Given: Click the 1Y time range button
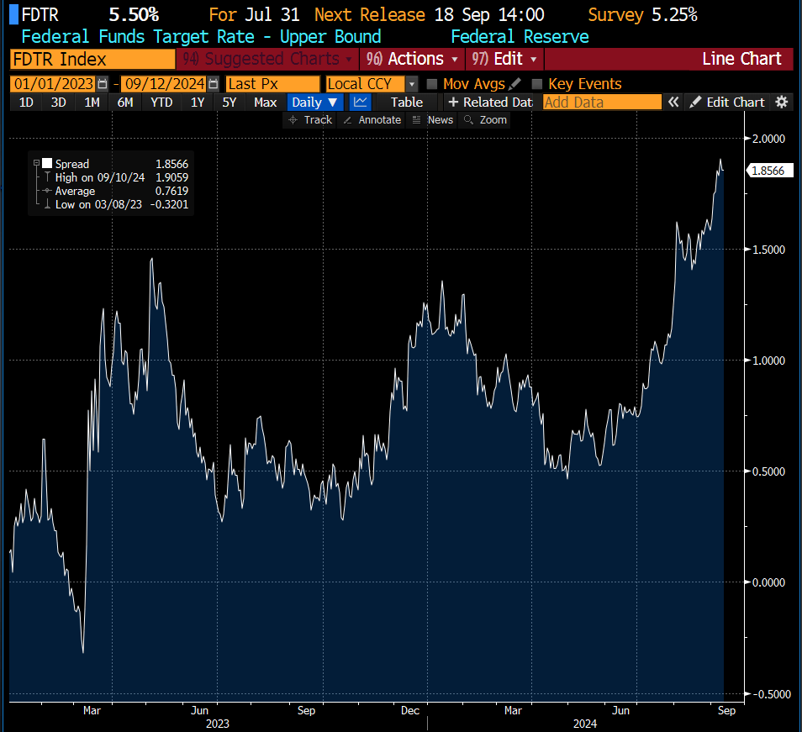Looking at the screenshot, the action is pos(198,103).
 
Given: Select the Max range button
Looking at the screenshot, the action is pos(265,103).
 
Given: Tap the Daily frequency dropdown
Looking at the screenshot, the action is pos(314,103).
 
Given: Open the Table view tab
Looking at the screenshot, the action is pos(407,103).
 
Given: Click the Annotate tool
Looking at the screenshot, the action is pos(372,120).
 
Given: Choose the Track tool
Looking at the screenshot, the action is pos(310,120).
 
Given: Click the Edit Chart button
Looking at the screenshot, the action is pos(727,103).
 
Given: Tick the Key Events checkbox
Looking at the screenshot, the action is pos(536,84).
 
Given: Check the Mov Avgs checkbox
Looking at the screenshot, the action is pos(432,84).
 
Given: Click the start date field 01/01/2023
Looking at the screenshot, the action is pos(53,84).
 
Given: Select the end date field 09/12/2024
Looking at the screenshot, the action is pos(165,84).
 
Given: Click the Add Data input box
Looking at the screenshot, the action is pos(602,103).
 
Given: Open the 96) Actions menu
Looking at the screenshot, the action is pos(412,59).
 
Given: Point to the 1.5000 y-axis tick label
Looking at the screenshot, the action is pos(768,250).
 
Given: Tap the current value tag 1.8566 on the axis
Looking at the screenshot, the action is pos(769,171).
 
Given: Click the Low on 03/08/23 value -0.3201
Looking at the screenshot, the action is pos(169,204).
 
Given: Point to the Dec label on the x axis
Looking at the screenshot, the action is pos(410,710).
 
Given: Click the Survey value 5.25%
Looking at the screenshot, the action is pos(675,15).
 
